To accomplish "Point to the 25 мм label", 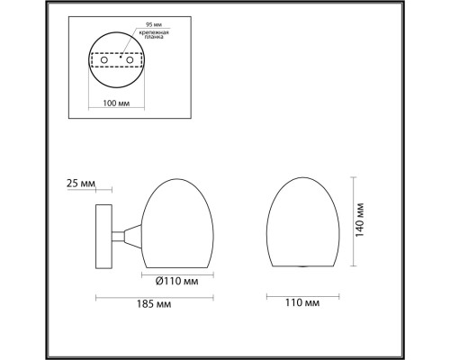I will coord(81,184).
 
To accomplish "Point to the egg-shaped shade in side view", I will coord(178,220).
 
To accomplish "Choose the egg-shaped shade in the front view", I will coord(305,220).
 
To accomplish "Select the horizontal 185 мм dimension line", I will coord(155,295).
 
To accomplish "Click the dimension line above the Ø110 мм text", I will coord(178,271).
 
